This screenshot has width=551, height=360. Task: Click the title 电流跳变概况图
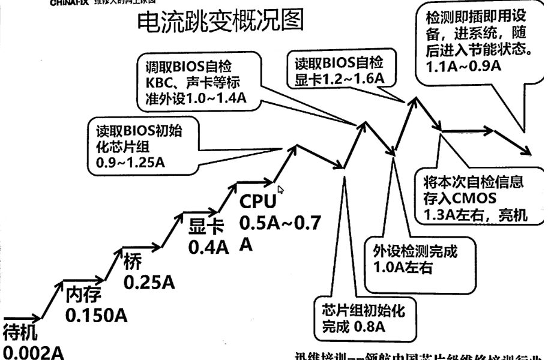pos(221,22)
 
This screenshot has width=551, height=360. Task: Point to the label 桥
pos(132,262)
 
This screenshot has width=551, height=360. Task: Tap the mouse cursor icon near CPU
pos(281,190)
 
